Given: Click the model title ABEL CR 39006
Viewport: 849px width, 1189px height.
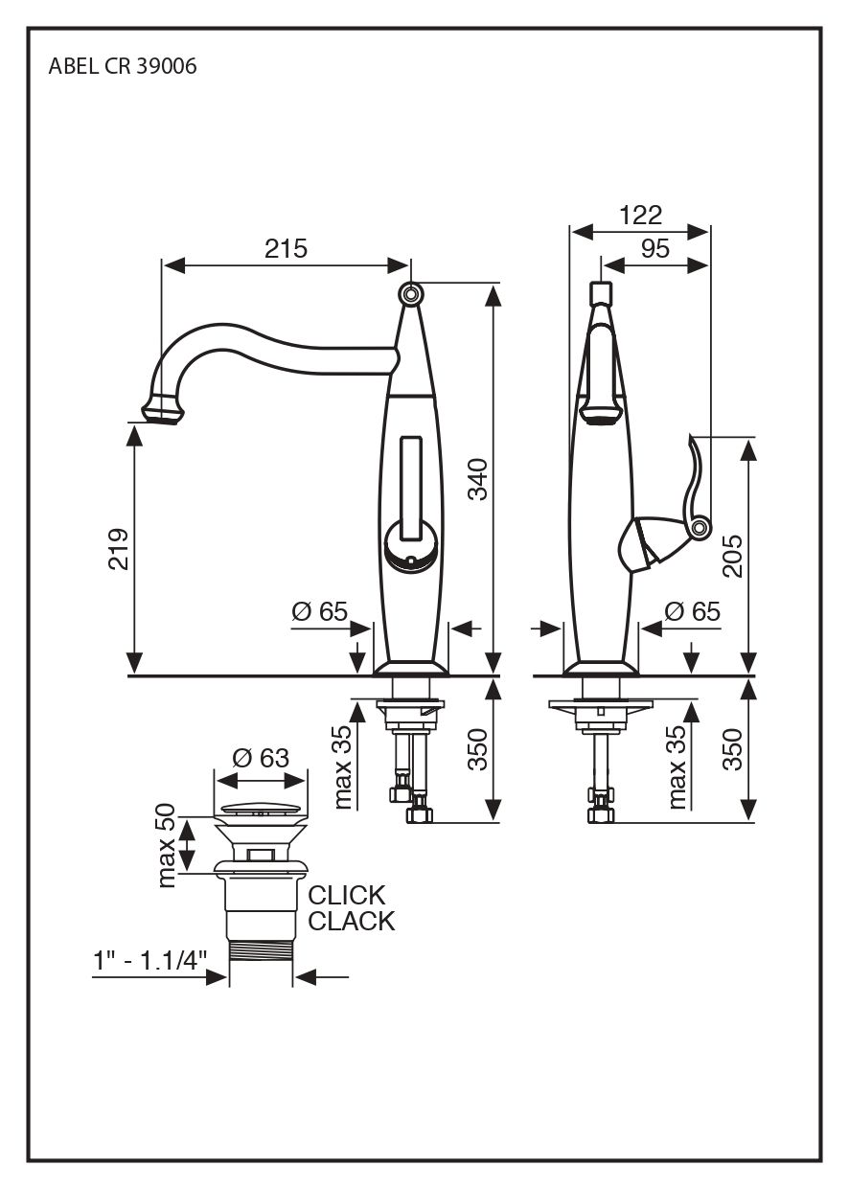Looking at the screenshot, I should (x=123, y=68).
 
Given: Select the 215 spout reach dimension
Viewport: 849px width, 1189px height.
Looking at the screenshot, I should (x=286, y=249).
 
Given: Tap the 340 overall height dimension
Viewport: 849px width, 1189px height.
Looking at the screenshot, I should (x=478, y=479).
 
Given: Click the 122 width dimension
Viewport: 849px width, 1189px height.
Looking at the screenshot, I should (x=640, y=216).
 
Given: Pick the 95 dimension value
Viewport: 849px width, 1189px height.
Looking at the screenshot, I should (x=654, y=249).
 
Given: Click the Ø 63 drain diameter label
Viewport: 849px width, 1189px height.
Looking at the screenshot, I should (x=260, y=758).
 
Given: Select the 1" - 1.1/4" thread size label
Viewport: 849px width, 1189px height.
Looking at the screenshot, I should (x=150, y=961).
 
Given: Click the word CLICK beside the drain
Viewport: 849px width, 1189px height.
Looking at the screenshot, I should (x=347, y=896).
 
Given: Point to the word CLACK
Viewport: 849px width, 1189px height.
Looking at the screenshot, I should (x=352, y=922).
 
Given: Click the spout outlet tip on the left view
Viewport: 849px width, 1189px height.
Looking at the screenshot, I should (x=164, y=413).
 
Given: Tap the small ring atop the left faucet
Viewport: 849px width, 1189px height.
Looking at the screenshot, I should (x=411, y=294).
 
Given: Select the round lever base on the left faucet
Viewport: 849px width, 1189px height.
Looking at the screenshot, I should (x=410, y=551).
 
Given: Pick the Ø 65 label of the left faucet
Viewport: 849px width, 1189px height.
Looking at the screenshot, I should (x=319, y=611).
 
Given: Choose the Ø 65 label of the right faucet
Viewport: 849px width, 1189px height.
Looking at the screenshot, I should (x=692, y=611).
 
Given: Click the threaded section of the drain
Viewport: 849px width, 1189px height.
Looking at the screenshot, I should (x=261, y=957).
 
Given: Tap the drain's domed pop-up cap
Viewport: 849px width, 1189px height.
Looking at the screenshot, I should (x=261, y=811).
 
